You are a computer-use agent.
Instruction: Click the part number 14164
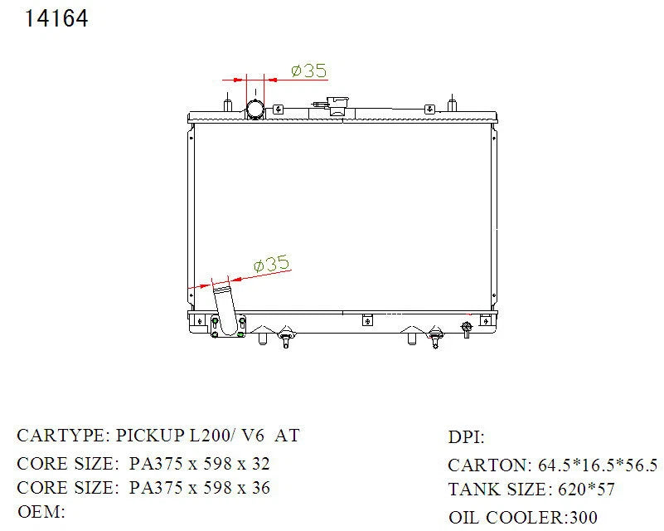(56, 18)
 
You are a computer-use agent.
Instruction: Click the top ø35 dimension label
(309, 71)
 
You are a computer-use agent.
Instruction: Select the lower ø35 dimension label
(271, 264)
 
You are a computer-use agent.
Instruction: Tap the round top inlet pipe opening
(255, 109)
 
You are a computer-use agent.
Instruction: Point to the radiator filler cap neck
(338, 105)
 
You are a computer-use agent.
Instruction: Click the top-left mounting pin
(228, 103)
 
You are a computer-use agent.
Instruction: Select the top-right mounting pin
(453, 103)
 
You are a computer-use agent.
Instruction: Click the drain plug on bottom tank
(466, 329)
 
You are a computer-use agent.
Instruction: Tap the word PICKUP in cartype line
(150, 436)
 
